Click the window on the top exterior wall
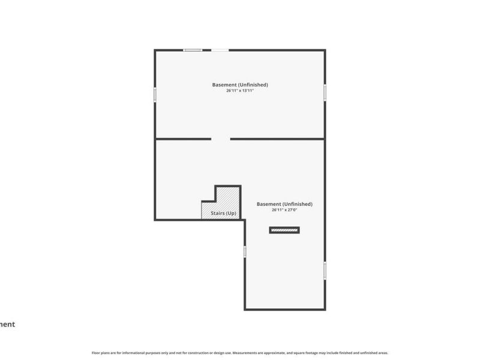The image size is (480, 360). (193, 50)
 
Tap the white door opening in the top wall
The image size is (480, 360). (220, 50)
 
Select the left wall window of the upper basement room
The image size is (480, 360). (155, 94)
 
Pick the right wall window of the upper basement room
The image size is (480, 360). (325, 91)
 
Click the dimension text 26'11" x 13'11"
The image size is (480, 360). (240, 91)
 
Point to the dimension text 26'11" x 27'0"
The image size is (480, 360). (284, 210)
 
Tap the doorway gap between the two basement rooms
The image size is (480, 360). (220, 139)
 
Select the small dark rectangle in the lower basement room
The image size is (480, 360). (284, 230)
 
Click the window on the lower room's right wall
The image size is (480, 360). (325, 270)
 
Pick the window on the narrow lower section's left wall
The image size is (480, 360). (245, 252)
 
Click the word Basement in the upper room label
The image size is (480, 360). (224, 85)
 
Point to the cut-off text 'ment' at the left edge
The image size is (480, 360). (7, 325)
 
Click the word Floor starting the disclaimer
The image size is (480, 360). (95, 353)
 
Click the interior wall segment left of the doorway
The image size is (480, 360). (183, 139)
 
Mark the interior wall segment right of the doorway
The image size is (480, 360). (277, 139)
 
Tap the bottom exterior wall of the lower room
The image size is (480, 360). (285, 310)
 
